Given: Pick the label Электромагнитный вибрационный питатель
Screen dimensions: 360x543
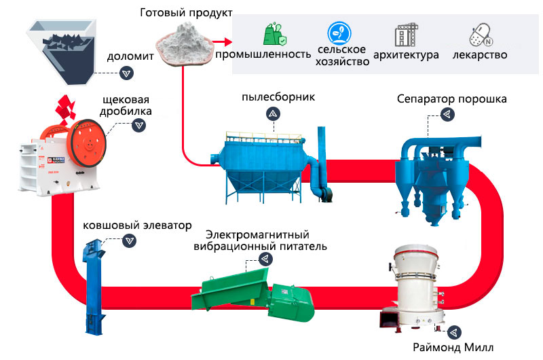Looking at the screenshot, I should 268,240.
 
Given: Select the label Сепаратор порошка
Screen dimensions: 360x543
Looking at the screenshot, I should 452,100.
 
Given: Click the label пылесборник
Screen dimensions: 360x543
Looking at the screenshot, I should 278,97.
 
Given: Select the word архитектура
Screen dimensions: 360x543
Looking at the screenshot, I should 406,54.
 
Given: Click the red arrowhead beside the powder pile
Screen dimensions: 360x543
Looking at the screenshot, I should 224,40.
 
